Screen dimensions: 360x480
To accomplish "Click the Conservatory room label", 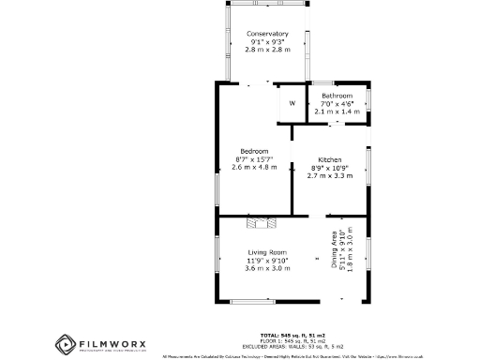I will pos(267,35).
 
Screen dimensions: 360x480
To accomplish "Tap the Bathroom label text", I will pos(337,96).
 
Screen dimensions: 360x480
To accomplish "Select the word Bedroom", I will pos(254,151).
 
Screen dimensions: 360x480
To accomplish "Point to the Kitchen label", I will pos(329,159).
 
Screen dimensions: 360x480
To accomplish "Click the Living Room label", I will pos(267,252).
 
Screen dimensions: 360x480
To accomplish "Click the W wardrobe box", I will pos(292,103).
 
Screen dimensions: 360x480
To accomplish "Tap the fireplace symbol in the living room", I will pos(262,222).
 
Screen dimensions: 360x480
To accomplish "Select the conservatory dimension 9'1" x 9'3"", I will pos(267,42).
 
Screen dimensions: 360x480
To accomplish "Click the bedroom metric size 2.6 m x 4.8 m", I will pos(254,167).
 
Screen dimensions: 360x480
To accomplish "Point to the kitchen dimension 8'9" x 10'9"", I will pos(329,167).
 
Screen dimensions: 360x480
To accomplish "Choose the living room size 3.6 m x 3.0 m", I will pos(267,268).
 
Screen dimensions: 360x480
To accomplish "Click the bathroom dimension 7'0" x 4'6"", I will pos(337,103).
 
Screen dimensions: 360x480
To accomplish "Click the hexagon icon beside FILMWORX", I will pos(65,344).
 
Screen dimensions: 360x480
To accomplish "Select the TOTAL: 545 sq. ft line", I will pos(292,335).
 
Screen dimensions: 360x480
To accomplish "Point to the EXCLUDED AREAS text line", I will pos(292,346).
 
